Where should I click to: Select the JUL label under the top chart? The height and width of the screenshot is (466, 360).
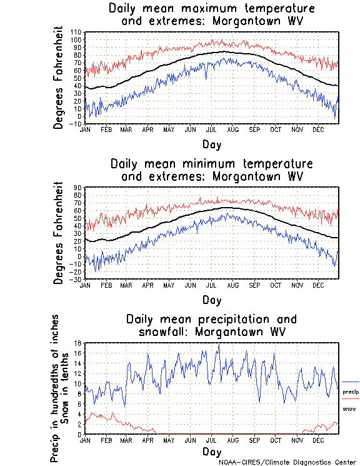[211, 129]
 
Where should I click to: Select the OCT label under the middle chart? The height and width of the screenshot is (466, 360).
[275, 285]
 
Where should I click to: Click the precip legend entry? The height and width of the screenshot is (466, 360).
[350, 392]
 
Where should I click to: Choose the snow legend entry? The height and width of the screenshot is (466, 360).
[349, 408]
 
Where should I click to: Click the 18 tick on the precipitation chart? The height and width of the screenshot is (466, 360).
[79, 343]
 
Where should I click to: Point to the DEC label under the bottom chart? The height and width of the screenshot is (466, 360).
[317, 440]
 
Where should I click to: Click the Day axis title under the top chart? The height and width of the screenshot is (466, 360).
[211, 143]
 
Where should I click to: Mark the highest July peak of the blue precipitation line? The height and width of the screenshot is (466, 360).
[218, 345]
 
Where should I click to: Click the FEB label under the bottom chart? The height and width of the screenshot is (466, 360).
[106, 440]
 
